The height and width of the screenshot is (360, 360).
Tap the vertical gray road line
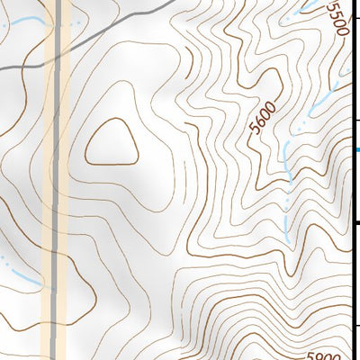coord(59,180)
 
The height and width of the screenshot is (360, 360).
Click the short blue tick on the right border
coord(357,148)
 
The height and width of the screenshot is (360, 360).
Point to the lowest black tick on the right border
coord(357,327)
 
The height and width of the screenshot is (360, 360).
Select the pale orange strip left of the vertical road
coord(49,180)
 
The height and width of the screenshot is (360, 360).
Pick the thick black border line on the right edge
coord(358,180)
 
